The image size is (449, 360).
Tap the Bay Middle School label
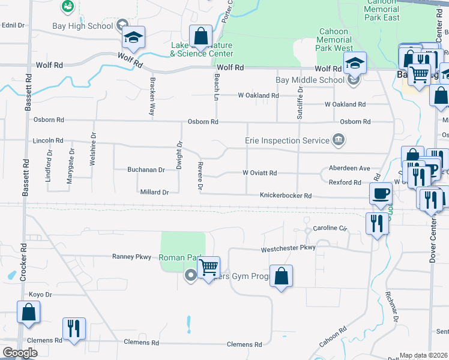pos(310,80)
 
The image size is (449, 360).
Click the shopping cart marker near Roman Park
pos(208,266)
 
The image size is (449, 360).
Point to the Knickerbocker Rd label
pos(286,196)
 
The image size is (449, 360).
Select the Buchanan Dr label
pos(146,170)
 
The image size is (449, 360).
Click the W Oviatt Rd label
pos(259,173)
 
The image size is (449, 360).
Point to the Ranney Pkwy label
pos(132,256)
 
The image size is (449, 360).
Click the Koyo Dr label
pos(41,295)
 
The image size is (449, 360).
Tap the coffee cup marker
pos(381,194)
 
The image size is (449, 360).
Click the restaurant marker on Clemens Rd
pos(74,328)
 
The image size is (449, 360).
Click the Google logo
pos(20,353)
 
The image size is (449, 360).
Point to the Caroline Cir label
pos(330,229)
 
